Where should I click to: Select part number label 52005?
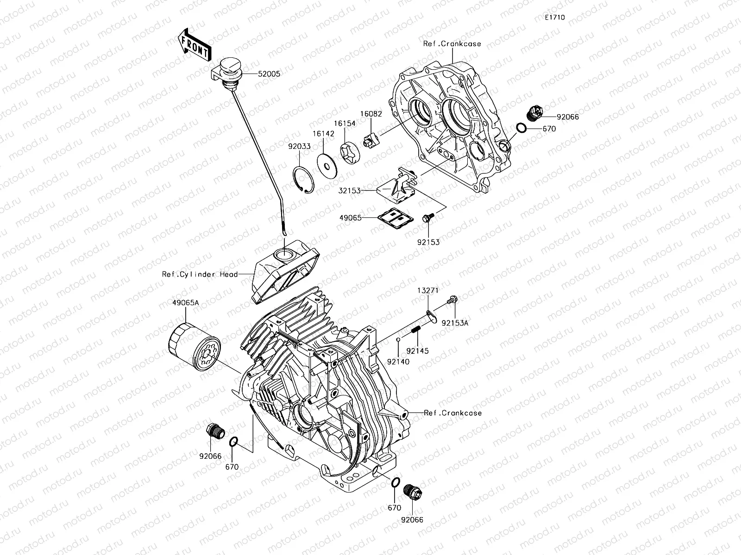tap(269, 74)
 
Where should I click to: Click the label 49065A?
tap(186, 302)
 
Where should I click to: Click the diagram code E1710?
tap(554, 18)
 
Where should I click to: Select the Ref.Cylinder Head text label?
tap(200, 274)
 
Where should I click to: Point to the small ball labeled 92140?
tap(398, 340)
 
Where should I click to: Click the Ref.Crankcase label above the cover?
tap(452, 44)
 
